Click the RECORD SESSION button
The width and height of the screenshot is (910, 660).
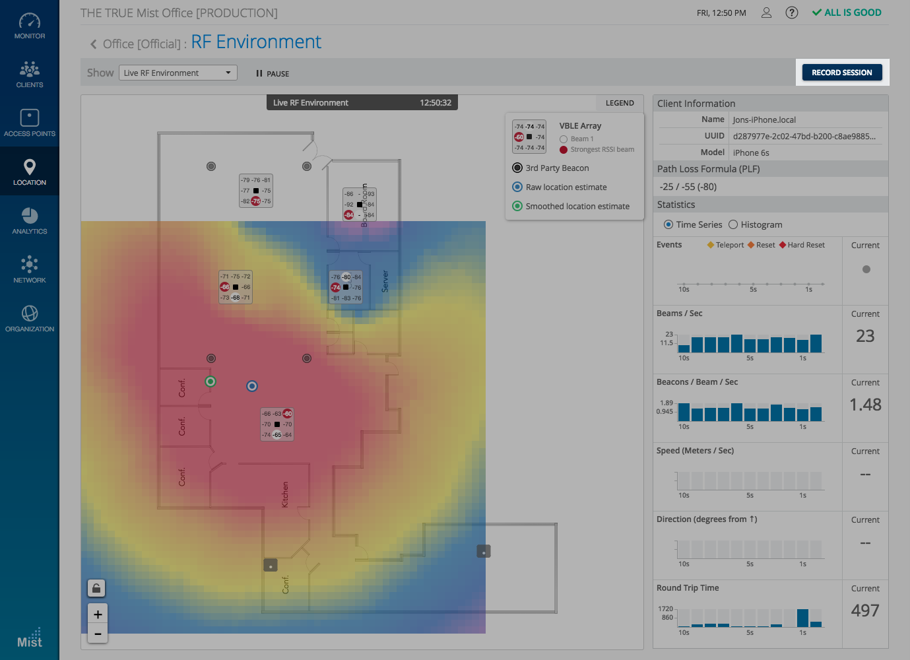click(841, 73)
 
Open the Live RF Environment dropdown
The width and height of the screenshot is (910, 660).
click(178, 73)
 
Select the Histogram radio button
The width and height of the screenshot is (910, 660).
click(732, 224)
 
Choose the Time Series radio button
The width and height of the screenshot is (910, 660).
click(668, 224)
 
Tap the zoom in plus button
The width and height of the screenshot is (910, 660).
click(98, 614)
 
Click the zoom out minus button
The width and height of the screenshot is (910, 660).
click(98, 634)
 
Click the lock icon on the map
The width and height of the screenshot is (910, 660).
click(96, 588)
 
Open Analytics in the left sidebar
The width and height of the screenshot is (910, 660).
click(30, 221)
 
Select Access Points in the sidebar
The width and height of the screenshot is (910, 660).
click(30, 123)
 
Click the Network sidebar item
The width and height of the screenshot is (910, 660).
click(30, 270)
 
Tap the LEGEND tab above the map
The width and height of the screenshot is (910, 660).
click(620, 103)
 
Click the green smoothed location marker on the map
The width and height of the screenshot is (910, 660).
click(211, 381)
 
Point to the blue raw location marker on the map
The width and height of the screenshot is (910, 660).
click(252, 386)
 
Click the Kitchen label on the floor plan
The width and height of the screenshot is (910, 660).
click(285, 494)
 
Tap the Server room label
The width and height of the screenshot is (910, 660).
click(385, 281)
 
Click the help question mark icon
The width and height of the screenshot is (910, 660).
click(792, 13)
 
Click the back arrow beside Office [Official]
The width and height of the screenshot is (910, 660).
click(93, 44)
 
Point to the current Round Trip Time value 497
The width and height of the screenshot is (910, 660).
click(864, 610)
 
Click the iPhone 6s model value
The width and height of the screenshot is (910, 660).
click(751, 152)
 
